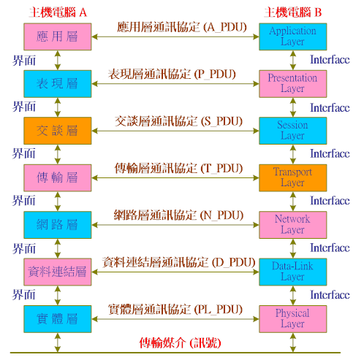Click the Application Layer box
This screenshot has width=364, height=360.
click(x=292, y=37)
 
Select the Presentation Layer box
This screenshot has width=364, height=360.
click(x=292, y=84)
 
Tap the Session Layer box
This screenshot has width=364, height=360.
click(x=292, y=131)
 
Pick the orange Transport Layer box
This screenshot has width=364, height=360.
click(x=292, y=177)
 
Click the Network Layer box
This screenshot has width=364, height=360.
click(x=292, y=225)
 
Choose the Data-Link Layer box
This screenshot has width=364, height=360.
click(x=292, y=272)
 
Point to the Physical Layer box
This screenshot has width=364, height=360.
click(x=292, y=319)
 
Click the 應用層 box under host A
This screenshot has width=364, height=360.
click(x=58, y=37)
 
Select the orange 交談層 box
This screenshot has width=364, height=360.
click(x=58, y=131)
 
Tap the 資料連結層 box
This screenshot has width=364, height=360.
click(x=58, y=272)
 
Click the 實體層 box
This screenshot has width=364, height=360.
click(x=58, y=319)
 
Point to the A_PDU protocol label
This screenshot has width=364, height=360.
click(x=182, y=27)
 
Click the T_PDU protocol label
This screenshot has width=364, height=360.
click(x=178, y=169)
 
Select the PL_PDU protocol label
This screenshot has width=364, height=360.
click(x=175, y=310)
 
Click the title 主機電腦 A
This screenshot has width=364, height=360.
click(x=58, y=12)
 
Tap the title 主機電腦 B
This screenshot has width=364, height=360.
click(x=293, y=12)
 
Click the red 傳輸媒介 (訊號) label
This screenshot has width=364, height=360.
click(x=180, y=343)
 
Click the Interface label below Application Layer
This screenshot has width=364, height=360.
click(x=330, y=60)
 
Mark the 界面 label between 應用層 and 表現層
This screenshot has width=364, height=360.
click(x=24, y=61)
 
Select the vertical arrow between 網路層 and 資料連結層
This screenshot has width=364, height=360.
click(x=58, y=248)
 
